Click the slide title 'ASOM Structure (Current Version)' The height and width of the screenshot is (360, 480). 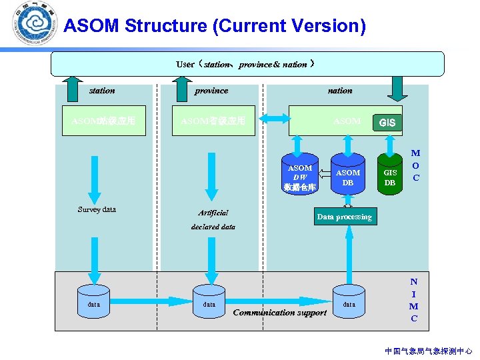pyautogui.click(x=215, y=26)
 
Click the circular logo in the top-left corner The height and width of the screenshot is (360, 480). pyautogui.click(x=36, y=23)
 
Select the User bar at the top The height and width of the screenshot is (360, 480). pyautogui.click(x=247, y=64)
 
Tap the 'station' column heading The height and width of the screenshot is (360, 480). pyautogui.click(x=102, y=90)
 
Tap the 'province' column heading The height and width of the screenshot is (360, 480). pyautogui.click(x=211, y=90)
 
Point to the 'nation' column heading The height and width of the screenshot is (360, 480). pyautogui.click(x=340, y=90)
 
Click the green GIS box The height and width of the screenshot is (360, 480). pyautogui.click(x=387, y=123)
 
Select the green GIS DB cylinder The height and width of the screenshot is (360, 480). pyautogui.click(x=390, y=174)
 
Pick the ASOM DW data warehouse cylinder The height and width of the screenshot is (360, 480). pyautogui.click(x=299, y=177)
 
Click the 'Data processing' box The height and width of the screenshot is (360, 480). pyautogui.click(x=345, y=217)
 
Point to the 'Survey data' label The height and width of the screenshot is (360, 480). pyautogui.click(x=97, y=209)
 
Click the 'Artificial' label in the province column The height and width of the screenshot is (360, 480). pyautogui.click(x=213, y=213)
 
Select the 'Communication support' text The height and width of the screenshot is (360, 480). pyautogui.click(x=280, y=312)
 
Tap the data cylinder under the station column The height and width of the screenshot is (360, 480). pyautogui.click(x=94, y=303)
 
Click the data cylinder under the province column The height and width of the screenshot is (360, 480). pyautogui.click(x=209, y=303)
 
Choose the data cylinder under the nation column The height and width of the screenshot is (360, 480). pyautogui.click(x=349, y=303)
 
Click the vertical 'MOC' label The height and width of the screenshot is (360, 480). pyautogui.click(x=416, y=165)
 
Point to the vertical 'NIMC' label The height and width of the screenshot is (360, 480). pyautogui.click(x=414, y=300)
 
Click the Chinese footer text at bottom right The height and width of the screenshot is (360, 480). pyautogui.click(x=429, y=351)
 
